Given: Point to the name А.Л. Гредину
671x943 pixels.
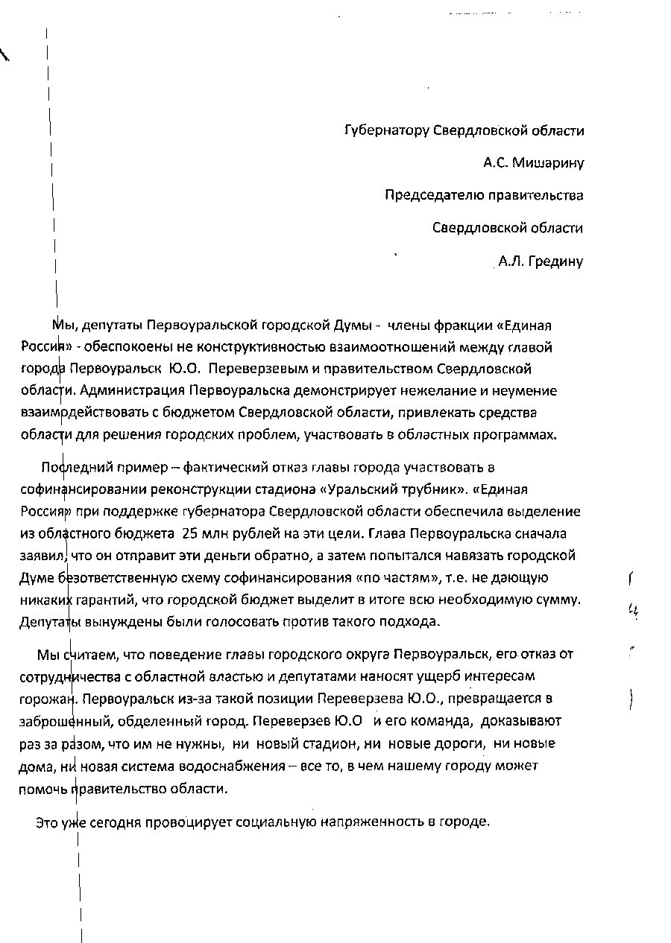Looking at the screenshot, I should [540, 261].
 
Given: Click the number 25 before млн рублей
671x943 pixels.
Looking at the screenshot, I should [189, 533].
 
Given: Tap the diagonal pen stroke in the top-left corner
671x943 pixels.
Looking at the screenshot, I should [4, 54].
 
